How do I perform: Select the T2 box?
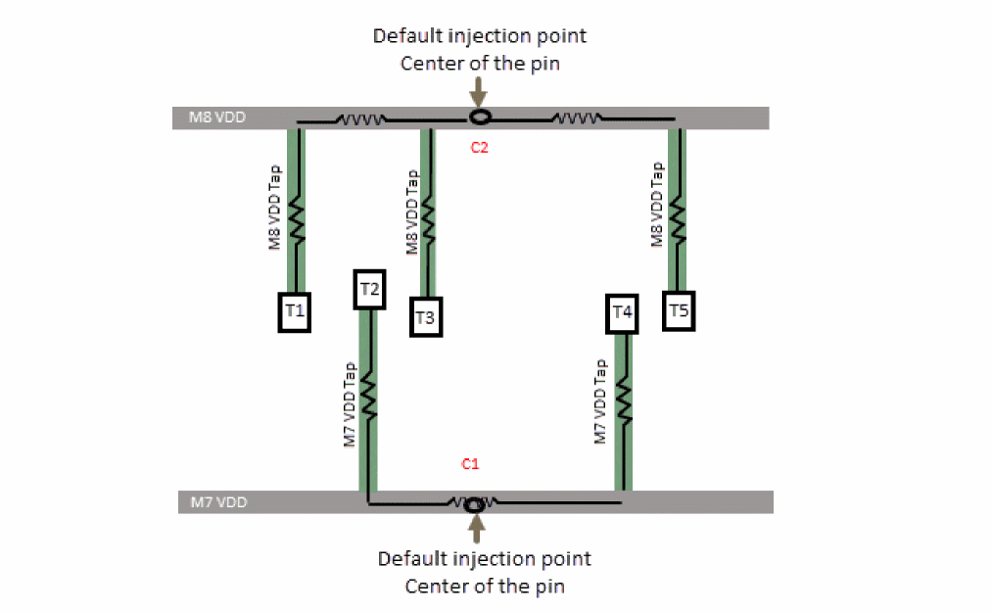pyautogui.click(x=370, y=289)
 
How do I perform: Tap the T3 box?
pyautogui.click(x=425, y=316)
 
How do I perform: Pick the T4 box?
pyautogui.click(x=623, y=312)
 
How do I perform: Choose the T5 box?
pyautogui.click(x=680, y=310)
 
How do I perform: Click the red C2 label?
pyautogui.click(x=479, y=149)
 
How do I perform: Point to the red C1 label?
pyautogui.click(x=470, y=462)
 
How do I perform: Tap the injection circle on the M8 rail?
pyautogui.click(x=479, y=118)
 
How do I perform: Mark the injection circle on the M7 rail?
pyautogui.click(x=475, y=504)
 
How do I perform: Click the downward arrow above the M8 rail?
pyautogui.click(x=478, y=91)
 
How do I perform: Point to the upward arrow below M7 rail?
pyautogui.click(x=477, y=529)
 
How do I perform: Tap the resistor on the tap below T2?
pyautogui.click(x=369, y=396)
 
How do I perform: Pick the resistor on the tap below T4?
pyautogui.click(x=623, y=401)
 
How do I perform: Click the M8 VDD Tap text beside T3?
pyautogui.click(x=413, y=212)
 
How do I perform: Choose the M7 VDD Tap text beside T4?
pyautogui.click(x=602, y=402)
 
